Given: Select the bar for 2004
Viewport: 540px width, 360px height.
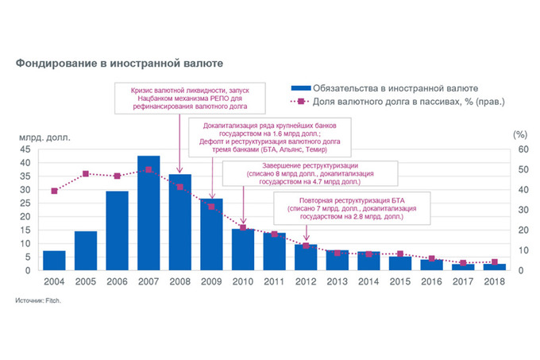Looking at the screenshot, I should [54, 260].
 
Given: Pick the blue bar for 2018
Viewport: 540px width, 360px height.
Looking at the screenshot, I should [494, 266].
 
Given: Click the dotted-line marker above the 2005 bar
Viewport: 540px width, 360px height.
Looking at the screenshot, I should [86, 173].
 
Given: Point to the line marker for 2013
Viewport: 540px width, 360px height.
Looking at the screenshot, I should [337, 253].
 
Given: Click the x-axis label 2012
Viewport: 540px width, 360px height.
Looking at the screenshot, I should [306, 281].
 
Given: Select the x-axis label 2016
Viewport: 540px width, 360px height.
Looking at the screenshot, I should [431, 281].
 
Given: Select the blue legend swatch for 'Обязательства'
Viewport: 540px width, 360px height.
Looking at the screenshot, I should [300, 88].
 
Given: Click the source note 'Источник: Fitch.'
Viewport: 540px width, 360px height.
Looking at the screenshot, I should [37, 302].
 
